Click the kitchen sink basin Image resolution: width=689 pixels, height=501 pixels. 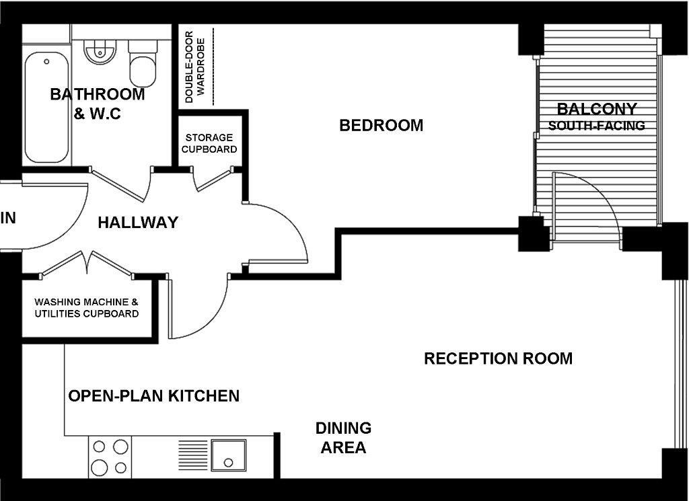pyautogui.click(x=229, y=455)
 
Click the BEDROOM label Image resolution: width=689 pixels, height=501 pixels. pyautogui.click(x=381, y=126)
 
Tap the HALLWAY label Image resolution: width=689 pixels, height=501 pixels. pyautogui.click(x=138, y=223)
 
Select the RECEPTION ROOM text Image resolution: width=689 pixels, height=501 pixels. pyautogui.click(x=498, y=358)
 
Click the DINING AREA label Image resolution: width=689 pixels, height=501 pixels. pyautogui.click(x=343, y=438)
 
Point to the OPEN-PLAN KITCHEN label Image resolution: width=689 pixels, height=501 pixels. pyautogui.click(x=154, y=395)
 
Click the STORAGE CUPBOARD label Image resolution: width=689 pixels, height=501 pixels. pyautogui.click(x=209, y=143)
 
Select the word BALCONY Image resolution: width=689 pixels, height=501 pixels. pyautogui.click(x=596, y=109)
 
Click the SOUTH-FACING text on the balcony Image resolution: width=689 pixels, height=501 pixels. pyautogui.click(x=596, y=126)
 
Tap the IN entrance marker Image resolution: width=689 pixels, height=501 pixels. pyautogui.click(x=8, y=218)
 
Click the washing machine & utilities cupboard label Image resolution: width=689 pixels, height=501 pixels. pyautogui.click(x=87, y=308)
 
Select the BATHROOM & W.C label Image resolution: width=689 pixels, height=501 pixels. pyautogui.click(x=97, y=104)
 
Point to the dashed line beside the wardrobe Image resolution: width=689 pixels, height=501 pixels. pyautogui.click(x=213, y=67)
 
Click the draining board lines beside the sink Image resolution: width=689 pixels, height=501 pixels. pyautogui.click(x=192, y=455)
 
